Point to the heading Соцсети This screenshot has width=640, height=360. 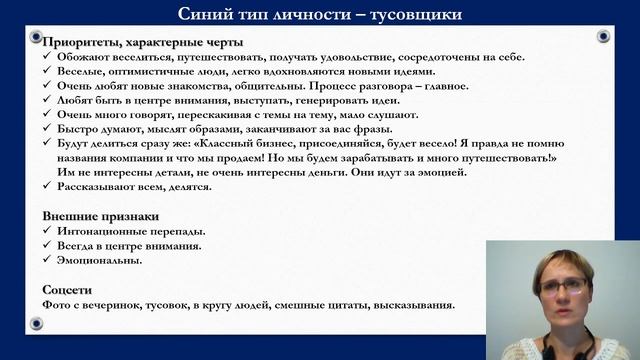click(x=67, y=288)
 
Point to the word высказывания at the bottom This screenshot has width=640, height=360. click(x=413, y=304)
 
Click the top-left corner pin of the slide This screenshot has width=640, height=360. click(x=37, y=37)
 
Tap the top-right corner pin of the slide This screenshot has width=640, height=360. click(x=603, y=37)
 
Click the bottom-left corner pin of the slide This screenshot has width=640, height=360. click(x=37, y=322)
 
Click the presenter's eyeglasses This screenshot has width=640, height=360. click(x=562, y=286)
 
